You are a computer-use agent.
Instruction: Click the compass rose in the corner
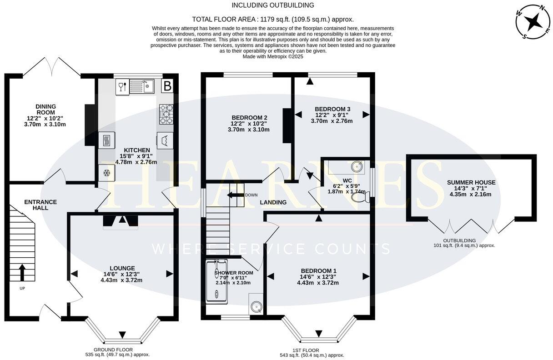(x=530, y=21)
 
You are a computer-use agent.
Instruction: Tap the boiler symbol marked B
(x=167, y=86)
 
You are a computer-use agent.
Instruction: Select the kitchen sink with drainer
(x=142, y=86)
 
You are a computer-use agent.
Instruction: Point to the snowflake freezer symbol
(x=106, y=173)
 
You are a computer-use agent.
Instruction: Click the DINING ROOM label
(x=45, y=109)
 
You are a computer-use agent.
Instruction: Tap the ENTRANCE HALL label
(x=34, y=205)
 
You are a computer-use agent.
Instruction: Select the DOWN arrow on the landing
(x=236, y=195)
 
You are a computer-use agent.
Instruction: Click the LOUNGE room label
(x=122, y=268)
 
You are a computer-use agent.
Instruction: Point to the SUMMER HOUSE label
(x=471, y=182)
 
